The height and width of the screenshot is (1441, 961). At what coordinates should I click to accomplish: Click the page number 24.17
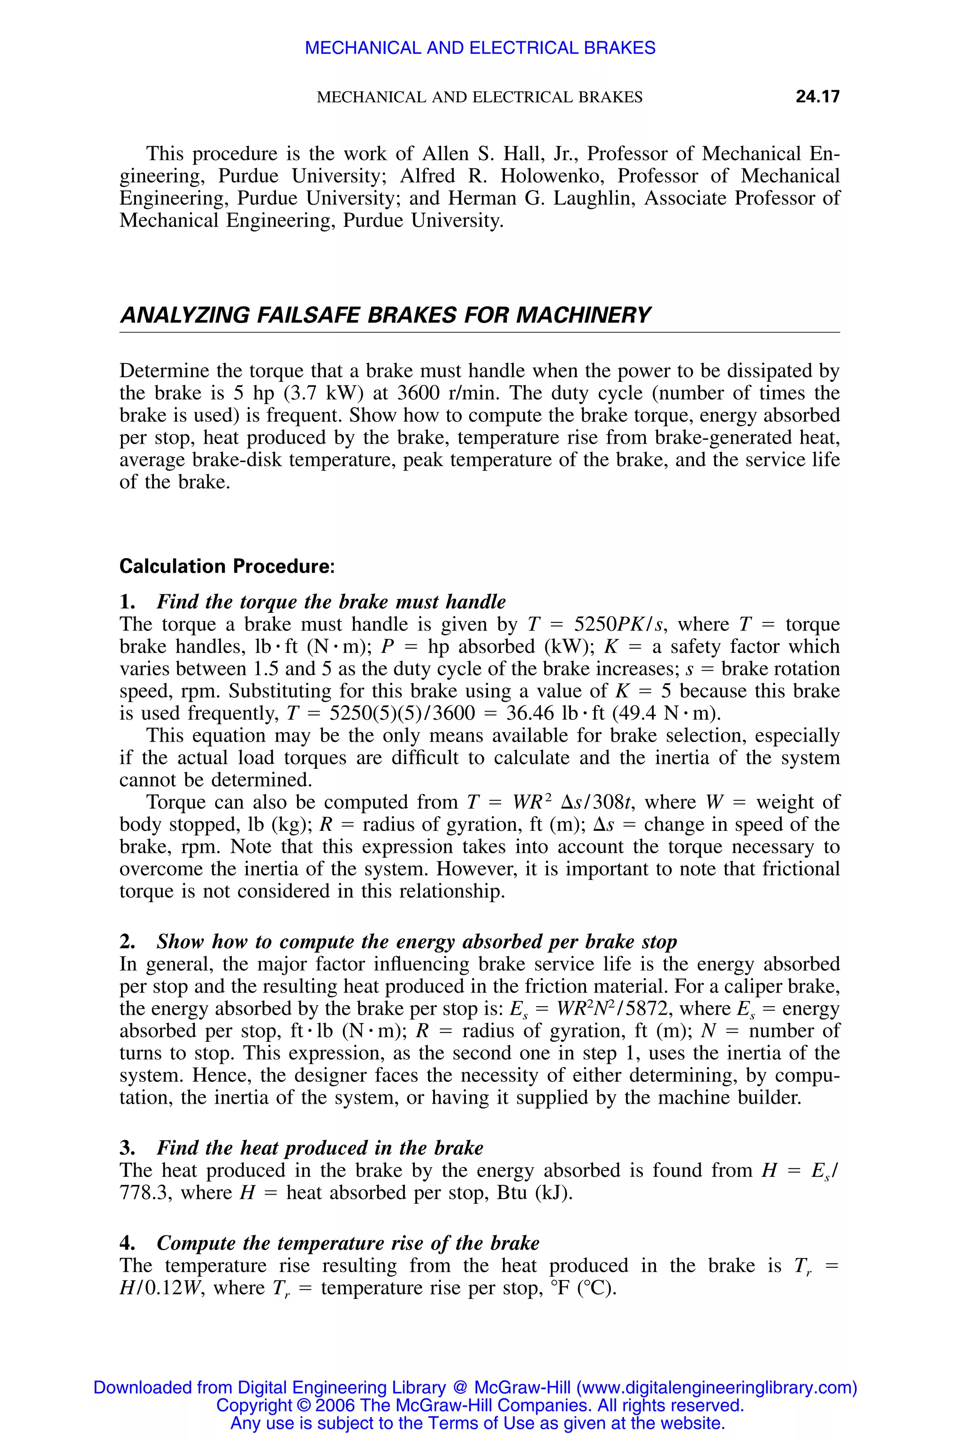817,96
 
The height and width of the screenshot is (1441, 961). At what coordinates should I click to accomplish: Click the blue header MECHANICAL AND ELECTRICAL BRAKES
480,48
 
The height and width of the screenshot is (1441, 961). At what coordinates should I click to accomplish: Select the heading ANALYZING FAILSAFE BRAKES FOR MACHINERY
384,315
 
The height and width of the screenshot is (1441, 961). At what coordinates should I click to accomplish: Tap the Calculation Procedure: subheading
227,566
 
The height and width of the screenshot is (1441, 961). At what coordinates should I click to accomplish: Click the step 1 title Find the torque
331,602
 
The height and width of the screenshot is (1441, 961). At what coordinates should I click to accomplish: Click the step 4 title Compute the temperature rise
348,1243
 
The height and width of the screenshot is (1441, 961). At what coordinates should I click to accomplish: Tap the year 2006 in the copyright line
335,1405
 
